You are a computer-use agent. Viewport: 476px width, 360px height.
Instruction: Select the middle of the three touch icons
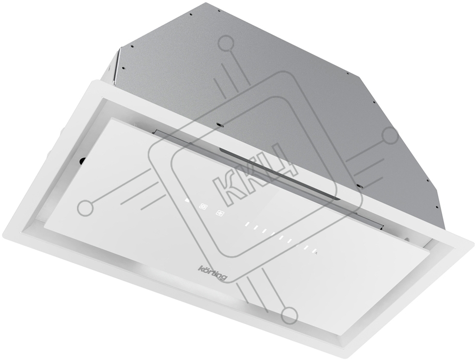pos(203,207)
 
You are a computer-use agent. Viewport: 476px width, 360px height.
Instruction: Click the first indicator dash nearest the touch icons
pos(247,225)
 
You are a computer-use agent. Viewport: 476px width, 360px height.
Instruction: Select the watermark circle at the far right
pos(390,135)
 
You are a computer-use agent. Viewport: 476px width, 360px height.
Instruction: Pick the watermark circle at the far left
pos(85,208)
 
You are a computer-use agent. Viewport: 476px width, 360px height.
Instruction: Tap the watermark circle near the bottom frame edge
pos(289,315)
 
